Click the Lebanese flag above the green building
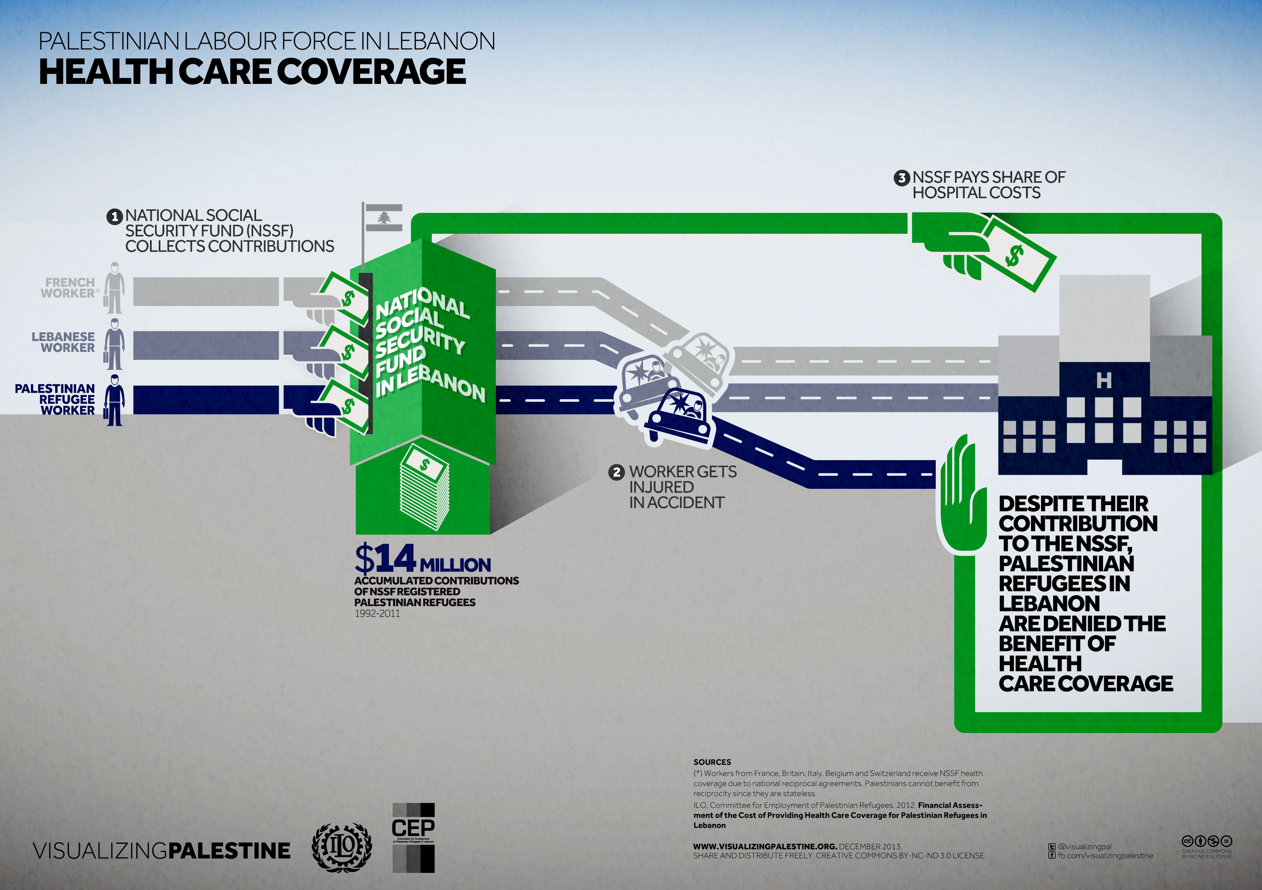click(x=383, y=217)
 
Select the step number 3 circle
click(x=901, y=178)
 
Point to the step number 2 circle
click(x=617, y=472)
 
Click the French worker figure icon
click(x=114, y=288)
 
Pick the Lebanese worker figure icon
click(x=114, y=344)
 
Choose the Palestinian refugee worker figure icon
click(x=114, y=400)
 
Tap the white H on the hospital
click(x=1104, y=380)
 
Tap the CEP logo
click(x=413, y=837)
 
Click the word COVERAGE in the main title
click(x=371, y=72)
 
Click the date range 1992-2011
click(x=377, y=614)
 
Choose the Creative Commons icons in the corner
click(x=1206, y=841)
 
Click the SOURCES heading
click(x=712, y=762)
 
